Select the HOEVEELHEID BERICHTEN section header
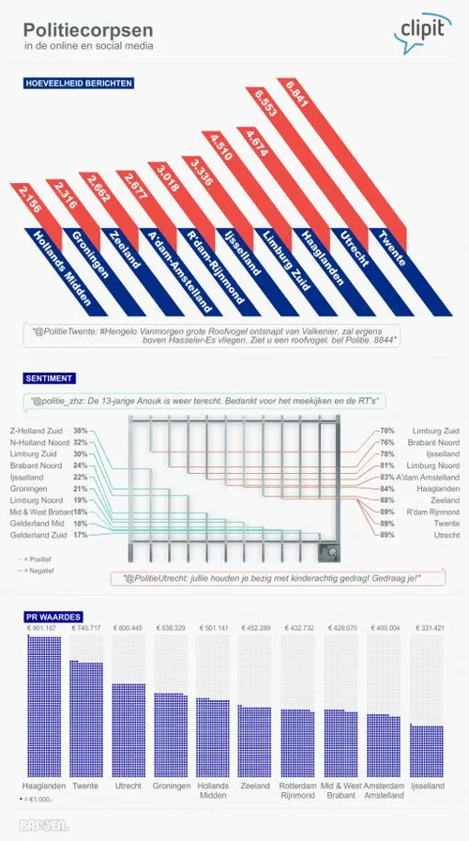(x=79, y=83)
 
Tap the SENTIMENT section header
(x=50, y=378)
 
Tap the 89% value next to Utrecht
(x=387, y=535)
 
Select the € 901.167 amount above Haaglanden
(x=43, y=628)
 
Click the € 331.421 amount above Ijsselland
(x=427, y=628)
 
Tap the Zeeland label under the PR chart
(x=255, y=786)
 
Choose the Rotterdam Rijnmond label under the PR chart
(x=298, y=790)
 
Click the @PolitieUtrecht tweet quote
(x=268, y=578)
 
